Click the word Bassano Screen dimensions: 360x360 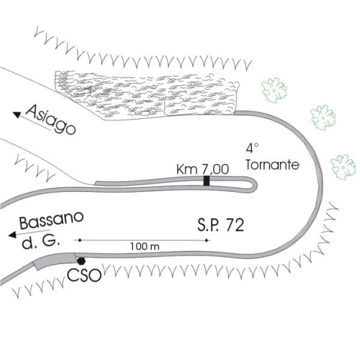(x=50, y=221)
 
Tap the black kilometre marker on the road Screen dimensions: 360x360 (x=206, y=181)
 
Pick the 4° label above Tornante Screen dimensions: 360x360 (x=252, y=147)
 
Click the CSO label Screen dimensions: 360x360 (x=83, y=277)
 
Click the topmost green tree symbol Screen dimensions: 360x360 (x=275, y=89)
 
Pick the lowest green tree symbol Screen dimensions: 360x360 (x=344, y=166)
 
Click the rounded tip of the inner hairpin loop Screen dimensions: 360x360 (x=254, y=185)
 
